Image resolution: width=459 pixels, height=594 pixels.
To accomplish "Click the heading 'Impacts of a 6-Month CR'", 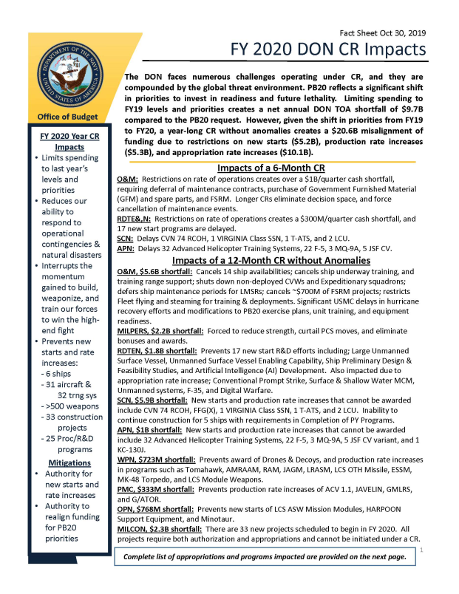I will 267,168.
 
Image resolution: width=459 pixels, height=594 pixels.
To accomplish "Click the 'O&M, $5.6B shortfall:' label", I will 157,273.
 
